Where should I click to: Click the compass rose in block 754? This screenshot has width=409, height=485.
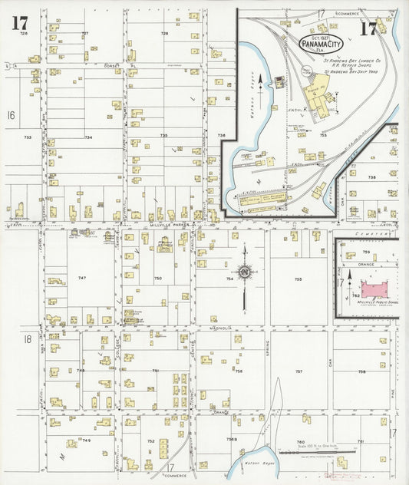point(245,272)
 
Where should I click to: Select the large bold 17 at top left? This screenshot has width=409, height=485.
point(20,23)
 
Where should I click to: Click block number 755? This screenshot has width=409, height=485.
point(298,279)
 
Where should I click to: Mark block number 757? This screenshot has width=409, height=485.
point(299,371)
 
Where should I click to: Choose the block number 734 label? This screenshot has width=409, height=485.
point(88,137)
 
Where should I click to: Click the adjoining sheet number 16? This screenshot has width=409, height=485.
point(12,115)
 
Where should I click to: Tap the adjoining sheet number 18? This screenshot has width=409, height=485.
point(28,338)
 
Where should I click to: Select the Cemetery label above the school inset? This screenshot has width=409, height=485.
point(381,236)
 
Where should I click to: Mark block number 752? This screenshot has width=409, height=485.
point(151,441)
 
